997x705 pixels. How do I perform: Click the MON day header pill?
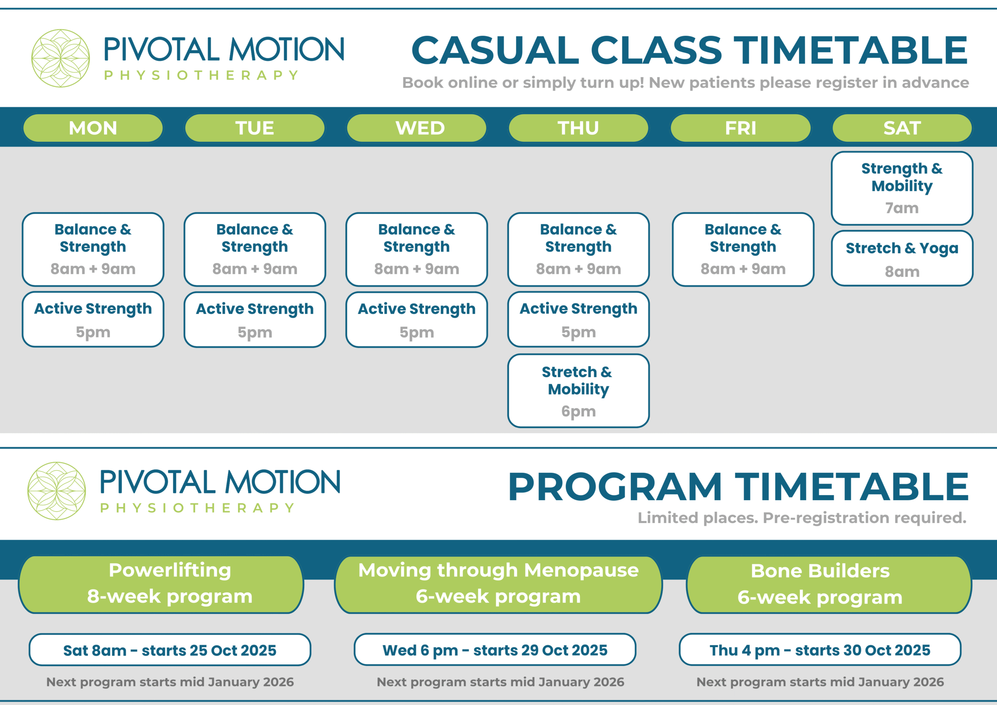tap(93, 128)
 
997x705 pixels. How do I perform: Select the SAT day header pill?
tap(902, 128)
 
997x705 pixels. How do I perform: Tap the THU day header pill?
tap(578, 128)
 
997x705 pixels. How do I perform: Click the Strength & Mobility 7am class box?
tap(902, 188)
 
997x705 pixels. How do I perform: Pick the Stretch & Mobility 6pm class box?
tap(578, 391)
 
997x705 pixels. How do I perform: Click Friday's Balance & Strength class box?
tap(743, 249)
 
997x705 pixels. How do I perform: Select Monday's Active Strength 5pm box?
tap(93, 319)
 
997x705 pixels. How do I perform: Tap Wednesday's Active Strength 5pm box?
tap(416, 319)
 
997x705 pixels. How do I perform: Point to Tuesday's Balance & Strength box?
tap(254, 249)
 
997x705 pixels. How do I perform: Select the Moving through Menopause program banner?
tap(498, 584)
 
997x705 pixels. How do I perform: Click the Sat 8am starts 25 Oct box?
tap(170, 650)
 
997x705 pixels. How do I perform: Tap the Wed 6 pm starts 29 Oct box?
tap(495, 650)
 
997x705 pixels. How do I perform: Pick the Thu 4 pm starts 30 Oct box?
tap(820, 650)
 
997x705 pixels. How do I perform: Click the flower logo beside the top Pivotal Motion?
tap(61, 58)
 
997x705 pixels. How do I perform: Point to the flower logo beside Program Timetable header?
tap(57, 491)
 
